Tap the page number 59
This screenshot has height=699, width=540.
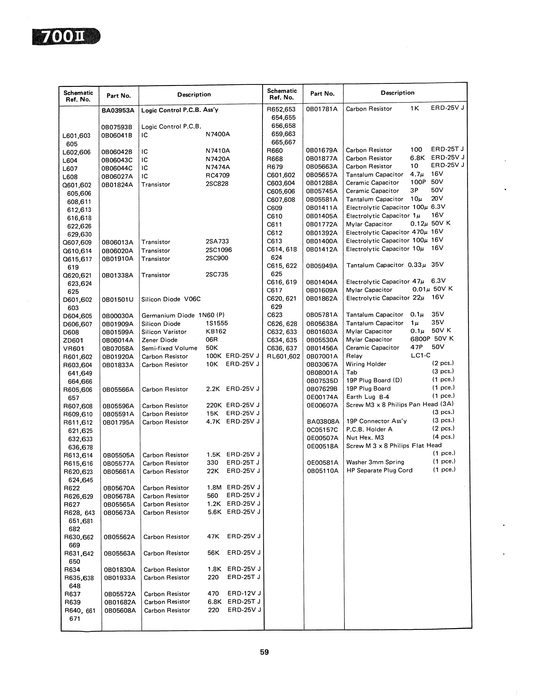pos(264,652)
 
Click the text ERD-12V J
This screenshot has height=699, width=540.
pos(244,593)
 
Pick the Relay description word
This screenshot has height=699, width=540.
pos(354,356)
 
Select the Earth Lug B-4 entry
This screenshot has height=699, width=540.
pos(368,397)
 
